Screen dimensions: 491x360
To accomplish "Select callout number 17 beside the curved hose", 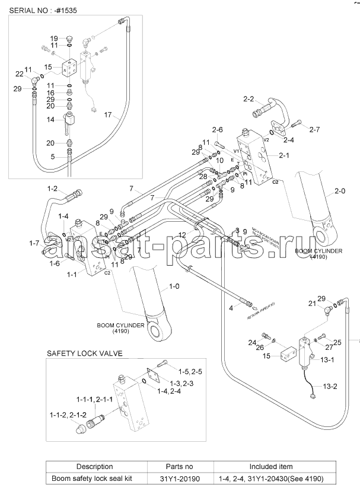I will tap(107, 114).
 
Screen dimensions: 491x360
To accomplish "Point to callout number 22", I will tap(18, 74).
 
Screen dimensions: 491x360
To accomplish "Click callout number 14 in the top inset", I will tap(51, 119).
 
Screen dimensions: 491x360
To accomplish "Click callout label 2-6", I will tap(217, 130).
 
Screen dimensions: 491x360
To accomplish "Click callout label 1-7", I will tap(34, 243).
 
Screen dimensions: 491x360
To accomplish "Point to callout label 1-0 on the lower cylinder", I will tap(174, 286).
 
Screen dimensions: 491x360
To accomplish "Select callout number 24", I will tap(251, 343).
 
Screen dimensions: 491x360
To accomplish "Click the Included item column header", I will tap(270, 467).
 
